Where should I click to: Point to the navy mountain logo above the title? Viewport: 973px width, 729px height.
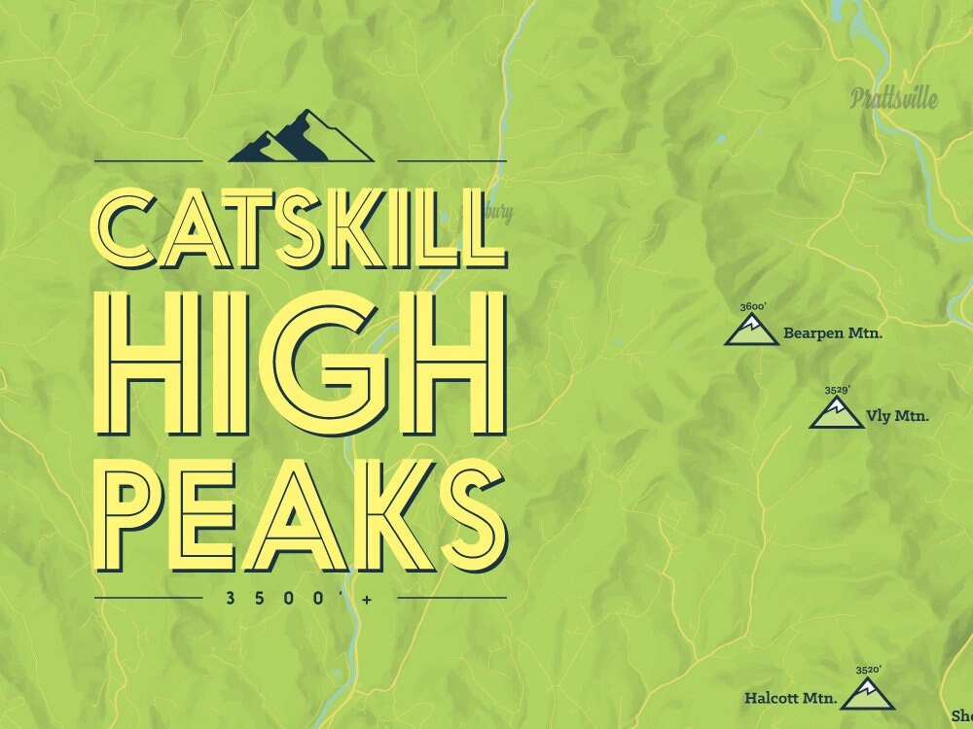click(x=300, y=138)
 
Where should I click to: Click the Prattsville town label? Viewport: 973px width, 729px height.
click(x=892, y=97)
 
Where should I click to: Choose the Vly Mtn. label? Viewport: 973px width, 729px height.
click(x=896, y=417)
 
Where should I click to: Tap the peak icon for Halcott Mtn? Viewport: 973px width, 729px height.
click(x=866, y=694)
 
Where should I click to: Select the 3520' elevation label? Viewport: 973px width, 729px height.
click(x=867, y=670)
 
